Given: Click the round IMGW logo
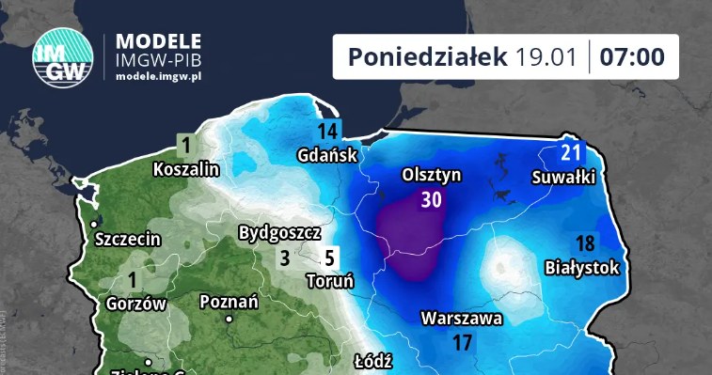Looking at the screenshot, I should point(63,58).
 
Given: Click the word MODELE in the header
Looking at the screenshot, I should point(157,41).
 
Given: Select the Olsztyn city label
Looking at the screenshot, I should point(431,175).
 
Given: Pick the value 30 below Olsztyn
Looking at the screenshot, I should point(431,199).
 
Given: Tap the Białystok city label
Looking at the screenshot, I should point(583,268).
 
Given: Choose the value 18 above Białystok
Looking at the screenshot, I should point(585,244).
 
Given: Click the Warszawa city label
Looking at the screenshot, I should point(462,319).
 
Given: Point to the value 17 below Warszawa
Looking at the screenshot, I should point(462,343).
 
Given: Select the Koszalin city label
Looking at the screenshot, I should point(186,169).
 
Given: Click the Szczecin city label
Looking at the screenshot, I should point(128,240).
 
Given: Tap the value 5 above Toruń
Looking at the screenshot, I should point(329,258).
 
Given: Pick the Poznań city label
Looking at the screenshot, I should point(229,302).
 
